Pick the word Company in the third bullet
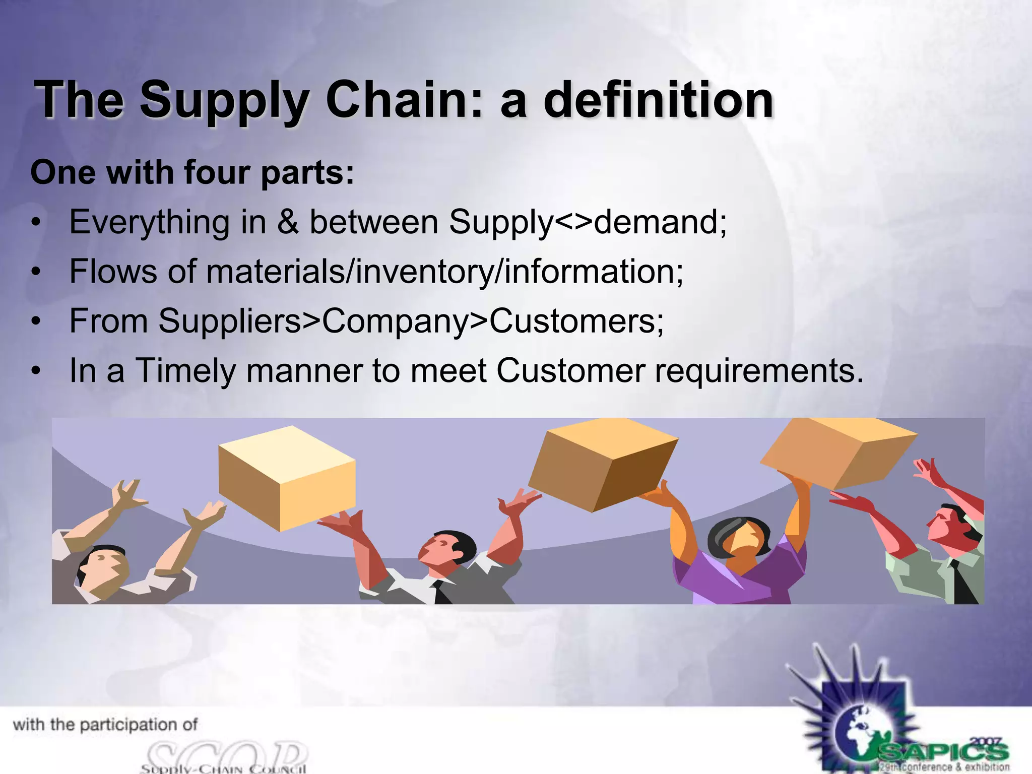click(395, 321)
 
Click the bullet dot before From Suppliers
click(35, 321)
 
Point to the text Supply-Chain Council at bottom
click(223, 768)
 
